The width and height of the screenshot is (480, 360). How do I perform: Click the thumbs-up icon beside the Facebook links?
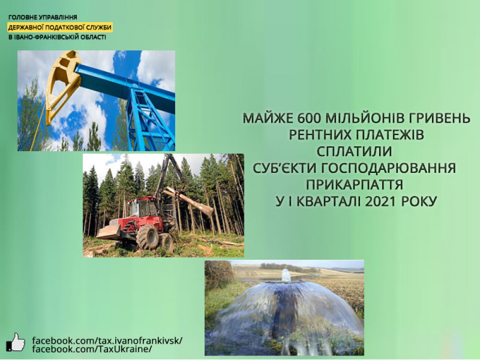15,343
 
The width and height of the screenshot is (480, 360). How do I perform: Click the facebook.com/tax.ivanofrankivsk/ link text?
107,341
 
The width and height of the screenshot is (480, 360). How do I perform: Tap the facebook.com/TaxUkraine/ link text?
92,349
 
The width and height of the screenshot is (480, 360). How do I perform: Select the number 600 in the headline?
309,118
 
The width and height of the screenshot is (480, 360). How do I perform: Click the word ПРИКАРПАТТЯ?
355,185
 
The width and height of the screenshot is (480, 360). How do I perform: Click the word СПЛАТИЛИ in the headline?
354,152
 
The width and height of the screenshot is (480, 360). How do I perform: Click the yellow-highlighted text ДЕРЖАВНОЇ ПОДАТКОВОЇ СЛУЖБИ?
60,27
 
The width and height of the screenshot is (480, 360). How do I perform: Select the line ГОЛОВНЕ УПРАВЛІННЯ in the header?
43,17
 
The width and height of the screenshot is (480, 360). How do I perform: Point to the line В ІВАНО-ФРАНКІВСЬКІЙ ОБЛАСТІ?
57,37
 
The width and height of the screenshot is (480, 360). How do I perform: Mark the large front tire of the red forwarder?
147,237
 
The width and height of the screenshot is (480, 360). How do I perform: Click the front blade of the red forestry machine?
108,232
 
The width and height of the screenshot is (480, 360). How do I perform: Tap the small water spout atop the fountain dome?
286,275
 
